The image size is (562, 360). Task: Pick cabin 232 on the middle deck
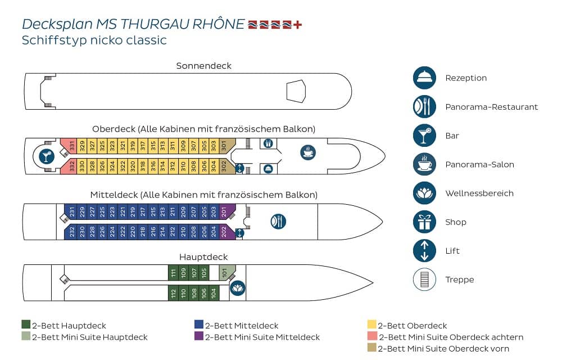[71, 232]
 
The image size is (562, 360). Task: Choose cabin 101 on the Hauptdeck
[226, 272]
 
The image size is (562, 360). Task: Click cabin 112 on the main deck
[173, 293]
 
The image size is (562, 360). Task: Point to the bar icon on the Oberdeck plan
[47, 156]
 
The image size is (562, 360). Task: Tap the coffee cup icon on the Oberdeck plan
[308, 152]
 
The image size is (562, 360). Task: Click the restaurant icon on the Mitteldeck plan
[278, 221]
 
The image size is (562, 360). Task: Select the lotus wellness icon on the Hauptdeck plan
[238, 288]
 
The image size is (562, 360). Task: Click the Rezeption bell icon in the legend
[424, 78]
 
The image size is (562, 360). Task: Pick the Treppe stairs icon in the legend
[424, 280]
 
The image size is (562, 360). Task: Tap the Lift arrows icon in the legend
[424, 251]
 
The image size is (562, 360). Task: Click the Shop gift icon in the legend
[424, 222]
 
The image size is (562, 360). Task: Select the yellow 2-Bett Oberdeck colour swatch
[371, 325]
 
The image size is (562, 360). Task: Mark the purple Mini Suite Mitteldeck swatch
[198, 336]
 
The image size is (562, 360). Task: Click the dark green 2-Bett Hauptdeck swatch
[26, 325]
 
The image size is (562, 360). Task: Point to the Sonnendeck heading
[203, 66]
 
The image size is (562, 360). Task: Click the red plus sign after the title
[297, 24]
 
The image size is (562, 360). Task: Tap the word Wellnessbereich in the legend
[479, 193]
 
